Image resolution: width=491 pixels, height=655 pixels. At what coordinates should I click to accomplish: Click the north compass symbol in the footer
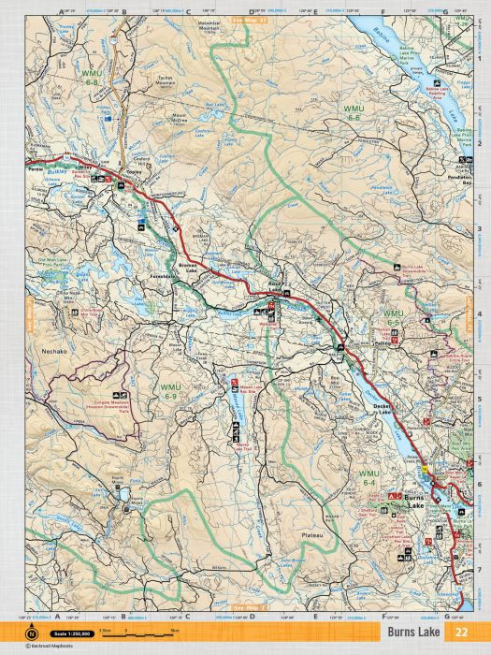pos(32,634)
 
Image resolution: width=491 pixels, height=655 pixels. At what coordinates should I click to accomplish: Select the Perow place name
pos(37,170)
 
